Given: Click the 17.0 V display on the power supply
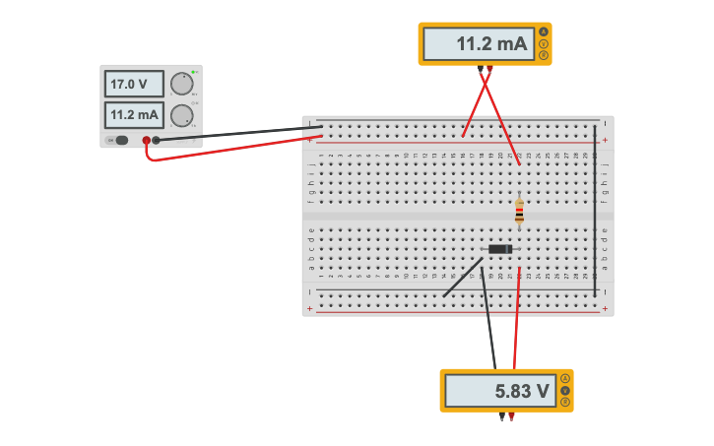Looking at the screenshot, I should (134, 85).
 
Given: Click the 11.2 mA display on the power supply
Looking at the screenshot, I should (134, 115).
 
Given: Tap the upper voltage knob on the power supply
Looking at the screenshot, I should (181, 84).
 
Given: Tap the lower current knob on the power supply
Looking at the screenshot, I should (181, 116).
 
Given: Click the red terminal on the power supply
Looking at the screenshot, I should (147, 140).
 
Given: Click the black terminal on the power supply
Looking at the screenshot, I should (156, 140).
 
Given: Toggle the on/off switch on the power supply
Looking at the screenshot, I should (120, 140).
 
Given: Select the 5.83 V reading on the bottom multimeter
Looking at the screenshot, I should (499, 391).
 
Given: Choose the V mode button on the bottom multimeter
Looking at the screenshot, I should (565, 391).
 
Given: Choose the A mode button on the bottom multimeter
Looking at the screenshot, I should (565, 379).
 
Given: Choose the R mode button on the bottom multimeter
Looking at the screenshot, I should (565, 403).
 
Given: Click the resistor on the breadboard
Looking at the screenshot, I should (519, 212).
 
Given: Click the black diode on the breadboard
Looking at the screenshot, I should (500, 249).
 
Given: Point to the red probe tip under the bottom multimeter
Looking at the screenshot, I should (511, 417).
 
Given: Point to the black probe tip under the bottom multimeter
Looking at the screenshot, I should (501, 417).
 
